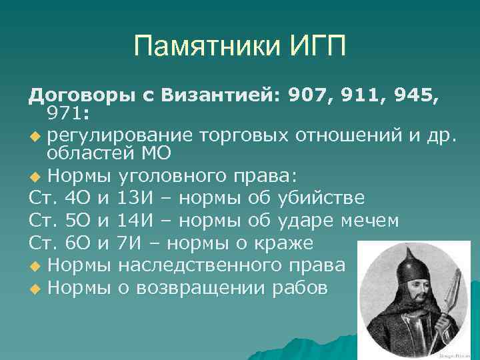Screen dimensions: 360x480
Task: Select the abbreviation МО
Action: pyautogui.click(x=157, y=154)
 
